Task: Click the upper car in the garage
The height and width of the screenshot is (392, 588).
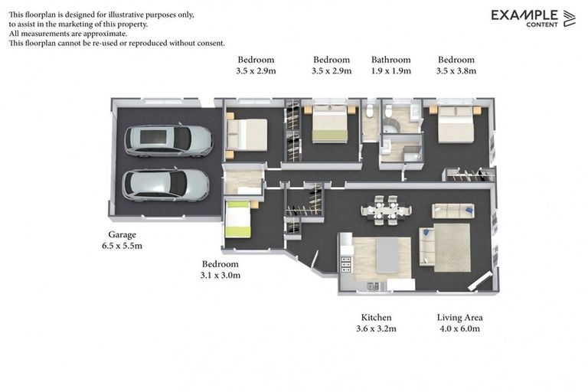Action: pos(168,140)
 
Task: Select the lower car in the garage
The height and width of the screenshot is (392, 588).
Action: pos(166,185)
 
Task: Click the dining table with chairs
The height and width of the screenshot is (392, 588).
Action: pos(386,209)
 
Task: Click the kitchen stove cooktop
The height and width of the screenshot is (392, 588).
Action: pos(345,265)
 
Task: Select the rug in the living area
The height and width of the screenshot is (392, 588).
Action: pos(452,247)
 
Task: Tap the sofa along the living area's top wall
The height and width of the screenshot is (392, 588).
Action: pos(452,211)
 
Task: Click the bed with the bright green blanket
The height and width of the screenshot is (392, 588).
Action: pos(238,220)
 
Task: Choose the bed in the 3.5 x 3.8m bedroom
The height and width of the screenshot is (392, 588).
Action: pos(456,123)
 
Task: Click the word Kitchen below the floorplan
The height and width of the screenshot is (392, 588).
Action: pos(376,318)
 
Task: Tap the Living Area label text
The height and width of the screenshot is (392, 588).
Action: pos(459,318)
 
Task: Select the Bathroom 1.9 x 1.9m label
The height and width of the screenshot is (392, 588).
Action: pos(390,65)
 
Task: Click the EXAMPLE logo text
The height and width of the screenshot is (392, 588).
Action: pos(524,15)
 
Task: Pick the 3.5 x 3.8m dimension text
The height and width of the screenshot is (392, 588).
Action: pos(456,71)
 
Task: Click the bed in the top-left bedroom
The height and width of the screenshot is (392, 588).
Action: pos(247,133)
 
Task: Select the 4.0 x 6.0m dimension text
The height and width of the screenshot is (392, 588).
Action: pos(459,329)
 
